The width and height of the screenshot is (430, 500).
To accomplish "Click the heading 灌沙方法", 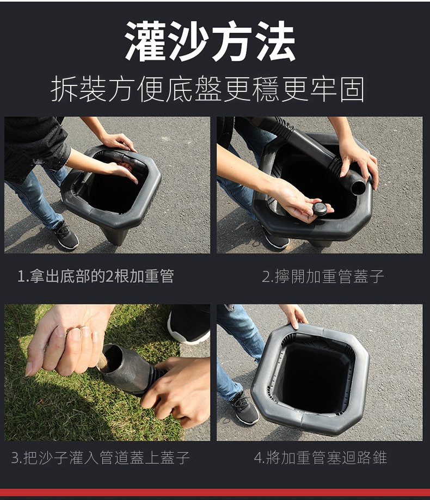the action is click(x=210, y=41).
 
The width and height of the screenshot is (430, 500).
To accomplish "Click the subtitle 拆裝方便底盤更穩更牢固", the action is click(x=208, y=89).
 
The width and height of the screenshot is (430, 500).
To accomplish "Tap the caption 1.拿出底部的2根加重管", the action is click(x=96, y=276).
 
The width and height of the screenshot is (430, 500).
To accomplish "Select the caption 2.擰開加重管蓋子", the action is click(x=323, y=276).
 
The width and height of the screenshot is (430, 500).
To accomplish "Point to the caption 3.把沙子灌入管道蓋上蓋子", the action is click(x=101, y=458).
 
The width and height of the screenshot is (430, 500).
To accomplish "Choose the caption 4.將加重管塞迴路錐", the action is click(x=321, y=458).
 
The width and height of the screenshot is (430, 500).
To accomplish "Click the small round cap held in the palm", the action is click(x=320, y=208).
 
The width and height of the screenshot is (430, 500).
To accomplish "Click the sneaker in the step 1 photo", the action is click(x=66, y=236).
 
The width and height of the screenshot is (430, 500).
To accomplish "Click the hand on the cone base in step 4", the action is click(x=294, y=316).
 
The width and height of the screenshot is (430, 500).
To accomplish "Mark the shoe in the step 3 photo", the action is click(x=189, y=324).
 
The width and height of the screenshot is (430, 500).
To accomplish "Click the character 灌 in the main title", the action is click(x=146, y=41).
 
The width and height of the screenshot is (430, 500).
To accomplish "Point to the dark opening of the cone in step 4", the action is click(x=314, y=376).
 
